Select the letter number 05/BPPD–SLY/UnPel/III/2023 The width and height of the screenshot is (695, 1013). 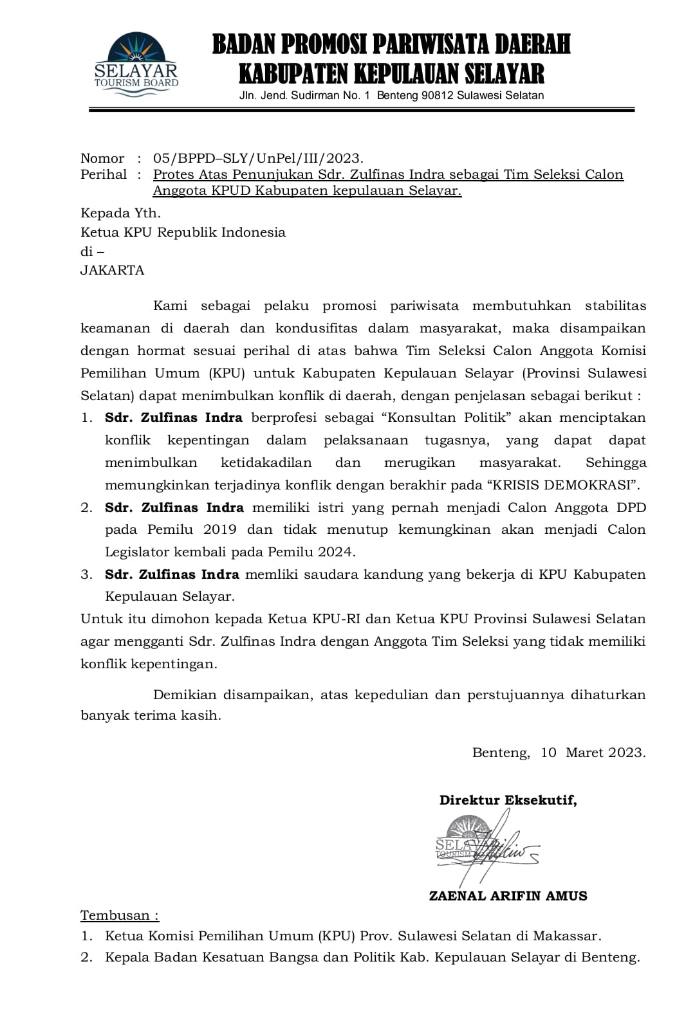258,158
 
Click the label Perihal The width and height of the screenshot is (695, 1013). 103,174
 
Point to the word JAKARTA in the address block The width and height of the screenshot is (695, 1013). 112,270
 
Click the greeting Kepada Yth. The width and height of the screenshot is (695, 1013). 120,213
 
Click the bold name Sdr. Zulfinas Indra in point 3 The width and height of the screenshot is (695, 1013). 172,574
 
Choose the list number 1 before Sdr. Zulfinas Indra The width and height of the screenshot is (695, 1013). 86,417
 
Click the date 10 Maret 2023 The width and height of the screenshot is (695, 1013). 593,753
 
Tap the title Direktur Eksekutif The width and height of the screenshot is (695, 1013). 508,800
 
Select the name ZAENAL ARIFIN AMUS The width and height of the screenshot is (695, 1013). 508,896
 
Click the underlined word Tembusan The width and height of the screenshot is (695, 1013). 119,915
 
